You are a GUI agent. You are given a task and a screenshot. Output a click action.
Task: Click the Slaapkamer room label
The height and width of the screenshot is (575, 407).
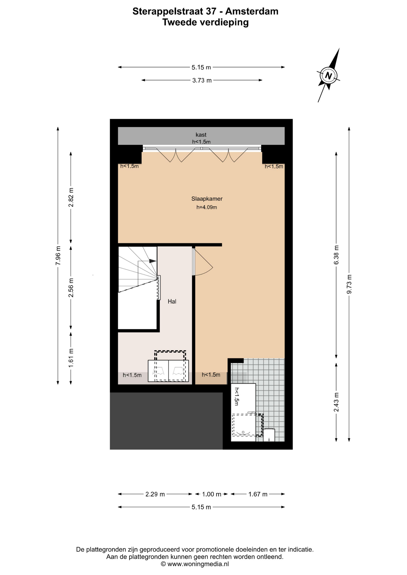point(207,199)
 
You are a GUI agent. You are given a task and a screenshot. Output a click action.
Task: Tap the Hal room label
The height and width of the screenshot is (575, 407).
point(172,302)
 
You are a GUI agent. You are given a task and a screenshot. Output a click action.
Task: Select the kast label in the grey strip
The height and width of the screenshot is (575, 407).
point(201,135)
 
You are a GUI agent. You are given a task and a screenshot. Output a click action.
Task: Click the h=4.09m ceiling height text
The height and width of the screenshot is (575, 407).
point(207,207)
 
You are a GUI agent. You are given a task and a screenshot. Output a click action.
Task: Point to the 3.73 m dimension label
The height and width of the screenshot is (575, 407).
point(202,80)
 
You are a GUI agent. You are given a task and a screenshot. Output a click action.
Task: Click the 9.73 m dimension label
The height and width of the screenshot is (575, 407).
point(349,284)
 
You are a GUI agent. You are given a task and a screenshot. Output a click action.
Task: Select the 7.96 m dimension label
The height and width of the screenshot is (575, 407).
point(58,255)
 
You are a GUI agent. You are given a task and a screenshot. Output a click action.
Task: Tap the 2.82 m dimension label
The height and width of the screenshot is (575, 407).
point(71,197)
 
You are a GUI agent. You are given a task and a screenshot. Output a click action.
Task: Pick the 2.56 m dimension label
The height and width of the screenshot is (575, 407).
point(71,288)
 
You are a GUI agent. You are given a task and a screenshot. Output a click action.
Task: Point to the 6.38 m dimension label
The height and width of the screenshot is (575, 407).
point(336,255)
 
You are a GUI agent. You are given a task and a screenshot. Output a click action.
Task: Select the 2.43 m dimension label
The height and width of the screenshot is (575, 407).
point(336,402)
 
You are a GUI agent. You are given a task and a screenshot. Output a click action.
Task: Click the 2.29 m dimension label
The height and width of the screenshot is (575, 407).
point(155,494)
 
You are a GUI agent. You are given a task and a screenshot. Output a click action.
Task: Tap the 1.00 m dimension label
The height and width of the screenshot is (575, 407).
point(212,494)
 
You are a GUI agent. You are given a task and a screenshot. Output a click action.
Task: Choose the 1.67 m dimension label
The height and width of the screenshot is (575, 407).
point(258,494)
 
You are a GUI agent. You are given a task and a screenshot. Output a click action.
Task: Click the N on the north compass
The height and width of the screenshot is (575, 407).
point(328,75)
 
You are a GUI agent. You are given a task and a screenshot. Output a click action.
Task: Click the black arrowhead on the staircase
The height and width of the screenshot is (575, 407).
point(153,261)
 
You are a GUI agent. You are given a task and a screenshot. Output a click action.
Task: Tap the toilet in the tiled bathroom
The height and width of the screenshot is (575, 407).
point(269,435)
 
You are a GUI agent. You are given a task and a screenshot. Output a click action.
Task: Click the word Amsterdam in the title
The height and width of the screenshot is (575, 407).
point(252,11)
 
